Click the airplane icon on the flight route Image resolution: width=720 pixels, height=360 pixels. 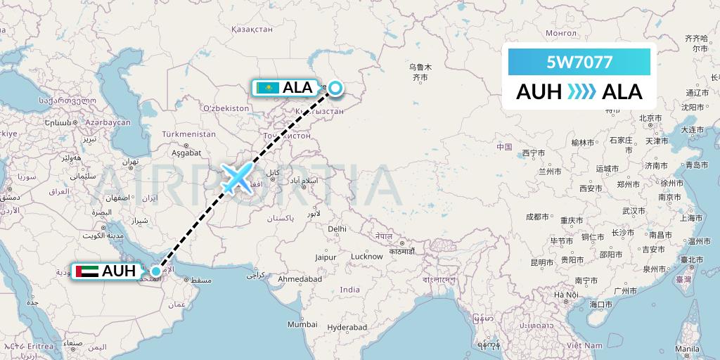pos(237,178)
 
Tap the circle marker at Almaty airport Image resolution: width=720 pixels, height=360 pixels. pos(335,88)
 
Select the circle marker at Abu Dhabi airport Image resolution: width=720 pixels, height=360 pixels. pos(156,271)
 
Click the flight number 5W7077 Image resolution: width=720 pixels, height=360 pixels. pos(579,63)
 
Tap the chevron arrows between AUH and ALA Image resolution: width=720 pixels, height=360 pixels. pos(580,91)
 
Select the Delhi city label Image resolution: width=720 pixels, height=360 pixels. pos(337,229)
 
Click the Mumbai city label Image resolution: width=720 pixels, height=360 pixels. pos(302,325)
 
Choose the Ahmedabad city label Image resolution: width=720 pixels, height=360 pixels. pos(299,279)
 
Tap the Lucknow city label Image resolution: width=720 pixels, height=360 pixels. pos(366,257)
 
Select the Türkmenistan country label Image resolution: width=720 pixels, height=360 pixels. pos(188,134)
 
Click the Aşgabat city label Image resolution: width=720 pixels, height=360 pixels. pos(186,152)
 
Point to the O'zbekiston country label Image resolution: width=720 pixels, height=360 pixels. pos(226,108)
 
